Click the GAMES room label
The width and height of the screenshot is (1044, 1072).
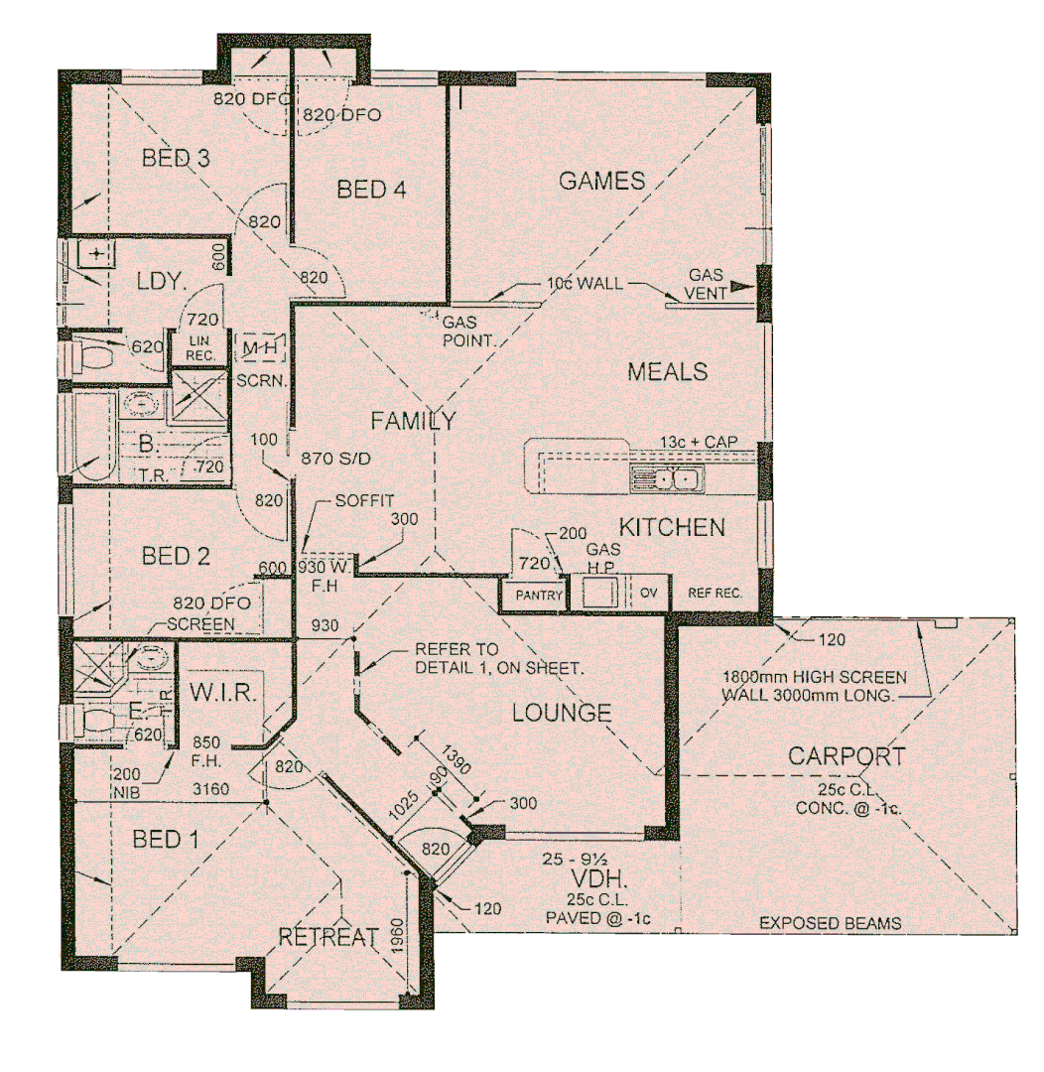pos(601,181)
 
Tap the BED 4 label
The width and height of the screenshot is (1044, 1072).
pos(372,190)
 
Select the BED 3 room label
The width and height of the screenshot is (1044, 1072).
pos(176,158)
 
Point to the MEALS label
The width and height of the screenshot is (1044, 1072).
pos(667,372)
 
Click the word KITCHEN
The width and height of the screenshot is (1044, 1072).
pos(673,527)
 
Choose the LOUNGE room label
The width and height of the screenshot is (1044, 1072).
pos(561,713)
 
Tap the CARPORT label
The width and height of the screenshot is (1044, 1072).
pos(846,756)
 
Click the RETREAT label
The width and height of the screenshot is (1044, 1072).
pos(328,936)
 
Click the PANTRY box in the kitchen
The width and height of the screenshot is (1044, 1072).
pos(533,597)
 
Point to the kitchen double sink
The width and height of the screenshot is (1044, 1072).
pos(667,481)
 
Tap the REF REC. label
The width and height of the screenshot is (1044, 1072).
pos(715,596)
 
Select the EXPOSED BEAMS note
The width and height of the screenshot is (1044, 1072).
pos(830,923)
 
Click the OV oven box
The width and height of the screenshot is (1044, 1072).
pos(649,595)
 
